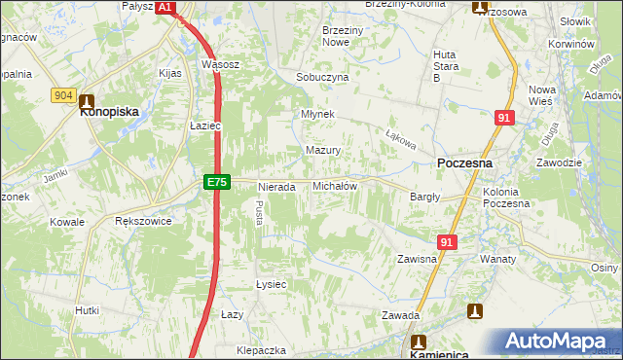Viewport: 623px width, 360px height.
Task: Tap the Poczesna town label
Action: pos(464,163)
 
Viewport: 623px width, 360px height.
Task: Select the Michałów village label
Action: pos(334,185)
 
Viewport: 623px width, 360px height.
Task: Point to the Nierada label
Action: pos(276,186)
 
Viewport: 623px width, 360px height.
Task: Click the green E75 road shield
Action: pos(217,182)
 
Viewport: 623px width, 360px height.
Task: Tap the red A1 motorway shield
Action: pos(165,7)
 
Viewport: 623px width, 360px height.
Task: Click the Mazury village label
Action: pos(322,151)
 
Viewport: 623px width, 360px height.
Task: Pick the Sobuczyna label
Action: pos(322,77)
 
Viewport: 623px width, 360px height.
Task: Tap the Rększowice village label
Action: pos(143,222)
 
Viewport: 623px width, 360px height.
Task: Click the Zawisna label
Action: pos(416,260)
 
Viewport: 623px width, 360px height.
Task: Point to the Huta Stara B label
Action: pos(444,65)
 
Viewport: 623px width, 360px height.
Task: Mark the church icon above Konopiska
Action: pos(87,99)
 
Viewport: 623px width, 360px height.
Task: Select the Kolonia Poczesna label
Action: pos(506,198)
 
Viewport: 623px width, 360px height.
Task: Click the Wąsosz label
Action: pos(220,64)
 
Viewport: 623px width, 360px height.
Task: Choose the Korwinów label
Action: pos(570,45)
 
